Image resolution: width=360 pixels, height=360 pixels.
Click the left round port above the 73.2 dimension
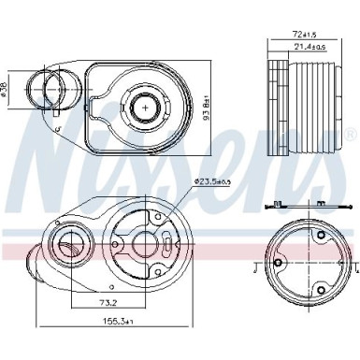(70, 248)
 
